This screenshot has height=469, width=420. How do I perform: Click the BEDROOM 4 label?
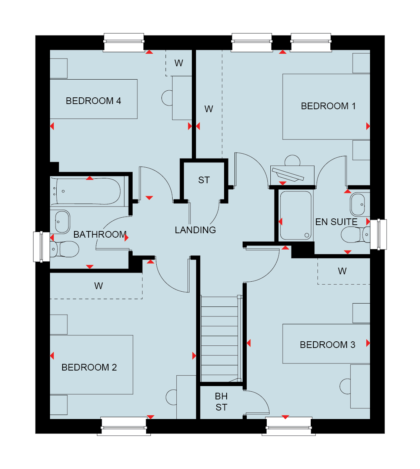coord(93,101)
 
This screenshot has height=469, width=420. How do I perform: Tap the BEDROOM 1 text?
coord(328,106)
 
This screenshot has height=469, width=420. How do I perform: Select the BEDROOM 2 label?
coord(89,367)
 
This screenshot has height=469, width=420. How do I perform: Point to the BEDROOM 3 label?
coord(327,345)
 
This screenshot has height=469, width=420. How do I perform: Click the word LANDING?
coord(195,230)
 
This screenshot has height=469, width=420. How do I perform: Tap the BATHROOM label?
coord(100,235)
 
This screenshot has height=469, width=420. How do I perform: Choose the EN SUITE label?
coord(336,222)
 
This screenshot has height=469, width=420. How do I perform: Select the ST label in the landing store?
coord(204,180)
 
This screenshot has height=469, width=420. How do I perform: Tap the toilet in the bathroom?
coord(64,249)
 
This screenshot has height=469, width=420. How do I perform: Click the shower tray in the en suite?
coord(296,215)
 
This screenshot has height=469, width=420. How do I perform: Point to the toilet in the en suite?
coord(355,235)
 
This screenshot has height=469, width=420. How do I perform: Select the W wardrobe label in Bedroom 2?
coord(99,286)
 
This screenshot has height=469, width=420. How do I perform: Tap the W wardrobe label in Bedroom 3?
coord(342,271)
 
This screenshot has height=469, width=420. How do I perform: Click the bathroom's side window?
coord(42,247)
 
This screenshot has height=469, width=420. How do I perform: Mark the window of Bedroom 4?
coord(124,42)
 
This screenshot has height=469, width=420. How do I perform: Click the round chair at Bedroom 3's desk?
coord(345,386)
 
